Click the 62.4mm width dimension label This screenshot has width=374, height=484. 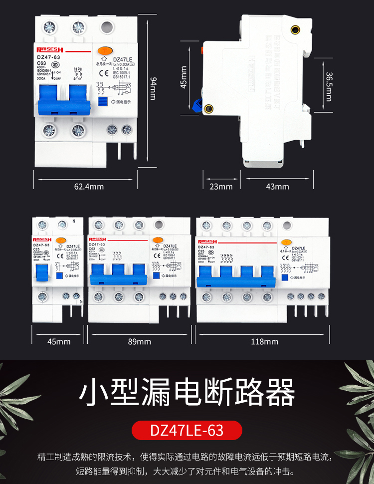pos(89,187)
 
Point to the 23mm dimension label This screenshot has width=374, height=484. pos(221,187)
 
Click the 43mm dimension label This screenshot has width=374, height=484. pos(278,187)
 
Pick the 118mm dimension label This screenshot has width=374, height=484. pos(264,342)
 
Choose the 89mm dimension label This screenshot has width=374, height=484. pos(140,342)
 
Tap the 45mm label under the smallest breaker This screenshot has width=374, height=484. pos(59,342)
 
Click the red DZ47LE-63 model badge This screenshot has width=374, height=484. pos(187,430)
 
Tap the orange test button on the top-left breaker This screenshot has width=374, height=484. pos(105,50)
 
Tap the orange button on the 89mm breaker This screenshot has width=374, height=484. pos(158,241)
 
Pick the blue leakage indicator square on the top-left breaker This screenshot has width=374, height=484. pos(103,102)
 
